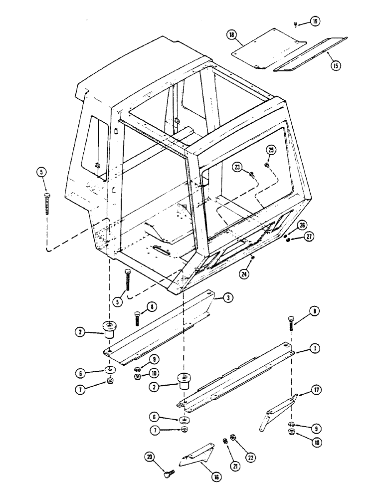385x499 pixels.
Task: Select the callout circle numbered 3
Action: click(x=228, y=298)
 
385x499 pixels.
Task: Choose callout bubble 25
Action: click(x=271, y=150)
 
